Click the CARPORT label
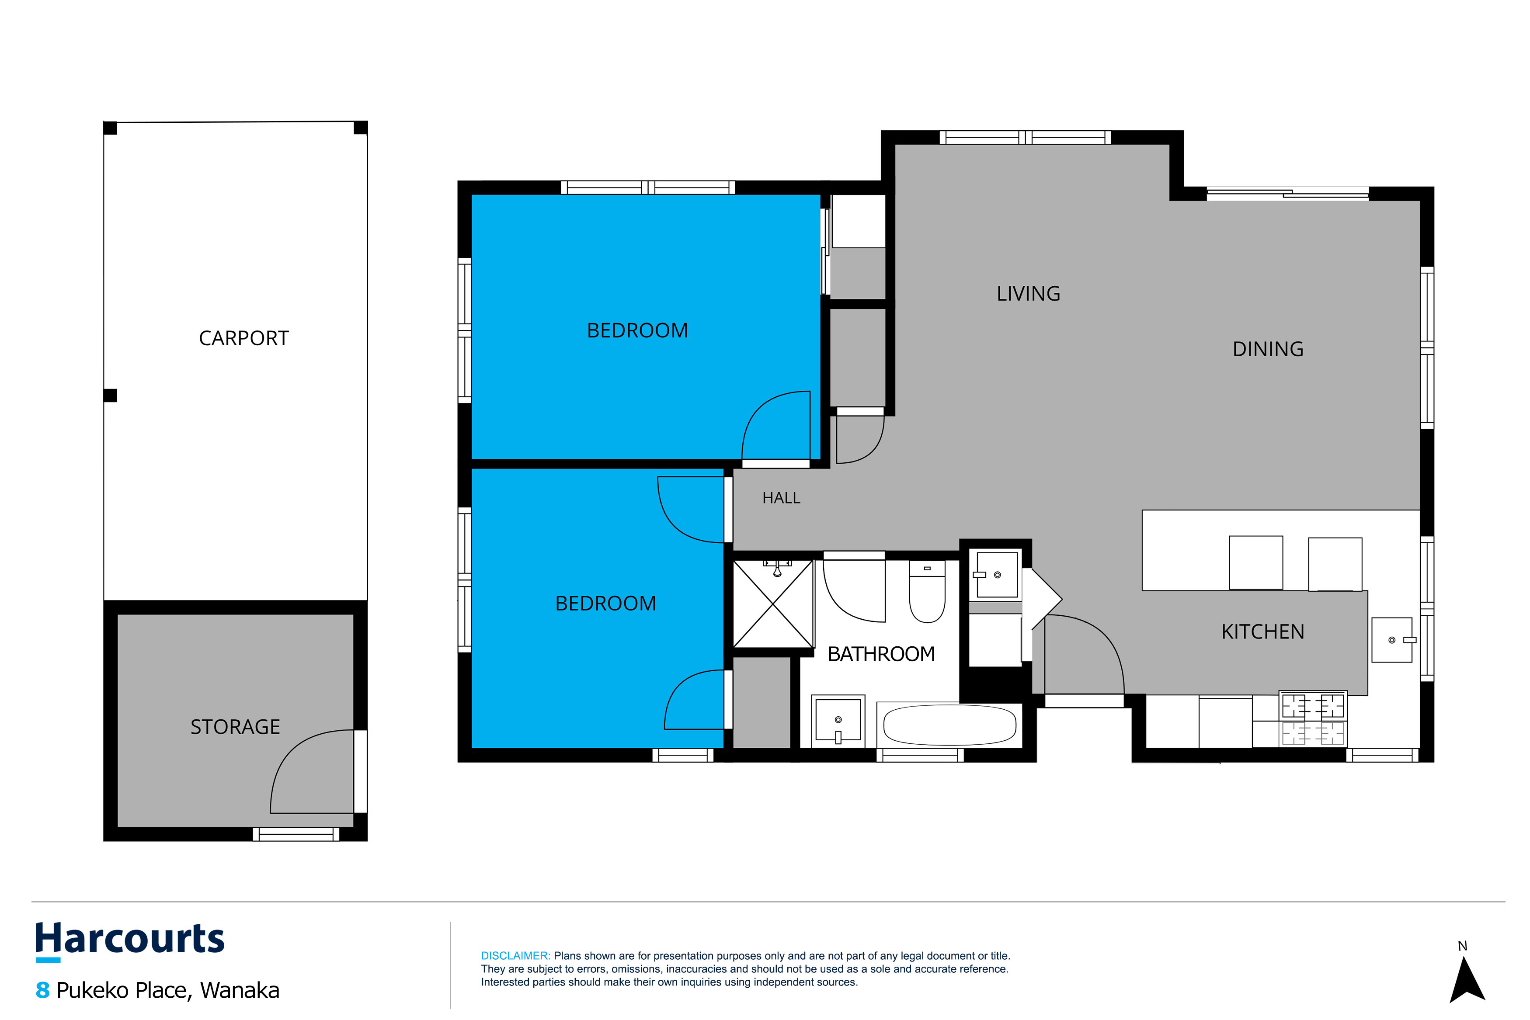[x=243, y=338]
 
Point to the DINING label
[x=1268, y=349]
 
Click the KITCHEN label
[x=1262, y=631]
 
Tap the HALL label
[x=781, y=498]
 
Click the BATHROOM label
[x=881, y=654]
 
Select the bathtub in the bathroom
[x=949, y=725]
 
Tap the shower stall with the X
[x=773, y=604]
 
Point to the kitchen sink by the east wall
[x=1392, y=640]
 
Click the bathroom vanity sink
[x=838, y=721]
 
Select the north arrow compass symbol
[x=1467, y=979]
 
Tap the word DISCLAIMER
[x=515, y=956]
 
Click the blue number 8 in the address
[x=42, y=990]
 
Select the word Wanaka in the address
[x=240, y=990]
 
